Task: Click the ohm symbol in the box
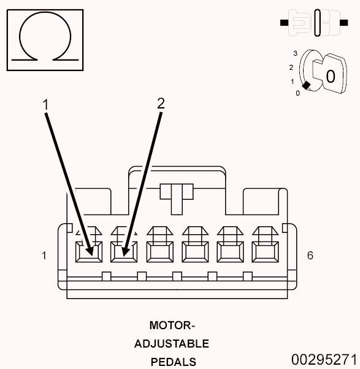coord(44,39)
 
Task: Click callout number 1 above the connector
coord(45,105)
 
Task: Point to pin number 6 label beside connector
coord(310,255)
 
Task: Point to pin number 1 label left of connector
coord(44,256)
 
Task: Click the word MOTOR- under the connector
coord(172,325)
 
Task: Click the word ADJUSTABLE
coord(172,344)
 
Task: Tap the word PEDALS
coord(174,362)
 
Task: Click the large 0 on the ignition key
coord(330,77)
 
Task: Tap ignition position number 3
coord(295,54)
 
